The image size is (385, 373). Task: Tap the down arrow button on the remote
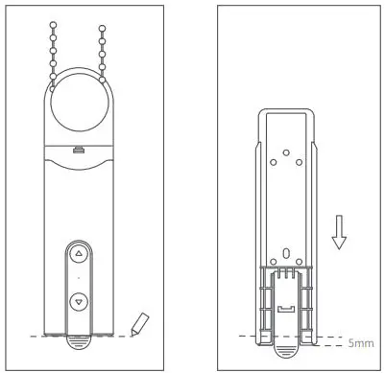79,300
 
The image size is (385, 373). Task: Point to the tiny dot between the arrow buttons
79,278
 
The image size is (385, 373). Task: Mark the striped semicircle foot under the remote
79,339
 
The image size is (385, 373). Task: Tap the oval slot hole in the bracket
286,255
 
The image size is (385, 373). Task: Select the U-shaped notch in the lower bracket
286,309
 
